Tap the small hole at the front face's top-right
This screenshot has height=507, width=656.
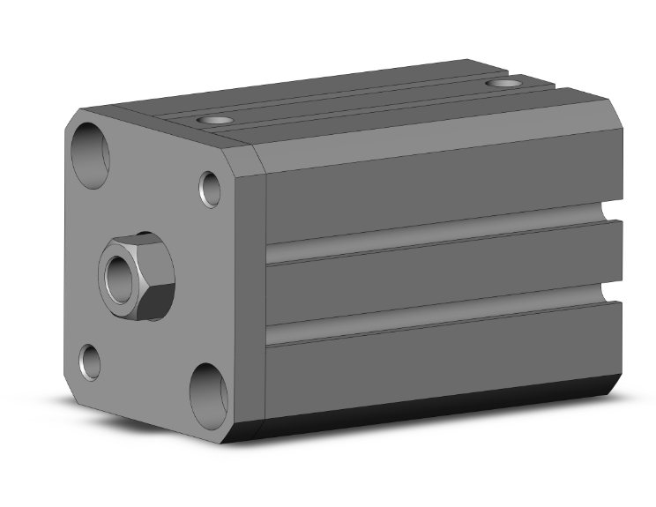[x=210, y=188]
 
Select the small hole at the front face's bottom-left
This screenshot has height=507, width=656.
[x=90, y=361]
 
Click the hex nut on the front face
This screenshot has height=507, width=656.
[x=138, y=276]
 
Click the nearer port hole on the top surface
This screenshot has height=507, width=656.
[x=214, y=119]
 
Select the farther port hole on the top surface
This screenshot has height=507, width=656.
[x=504, y=84]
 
